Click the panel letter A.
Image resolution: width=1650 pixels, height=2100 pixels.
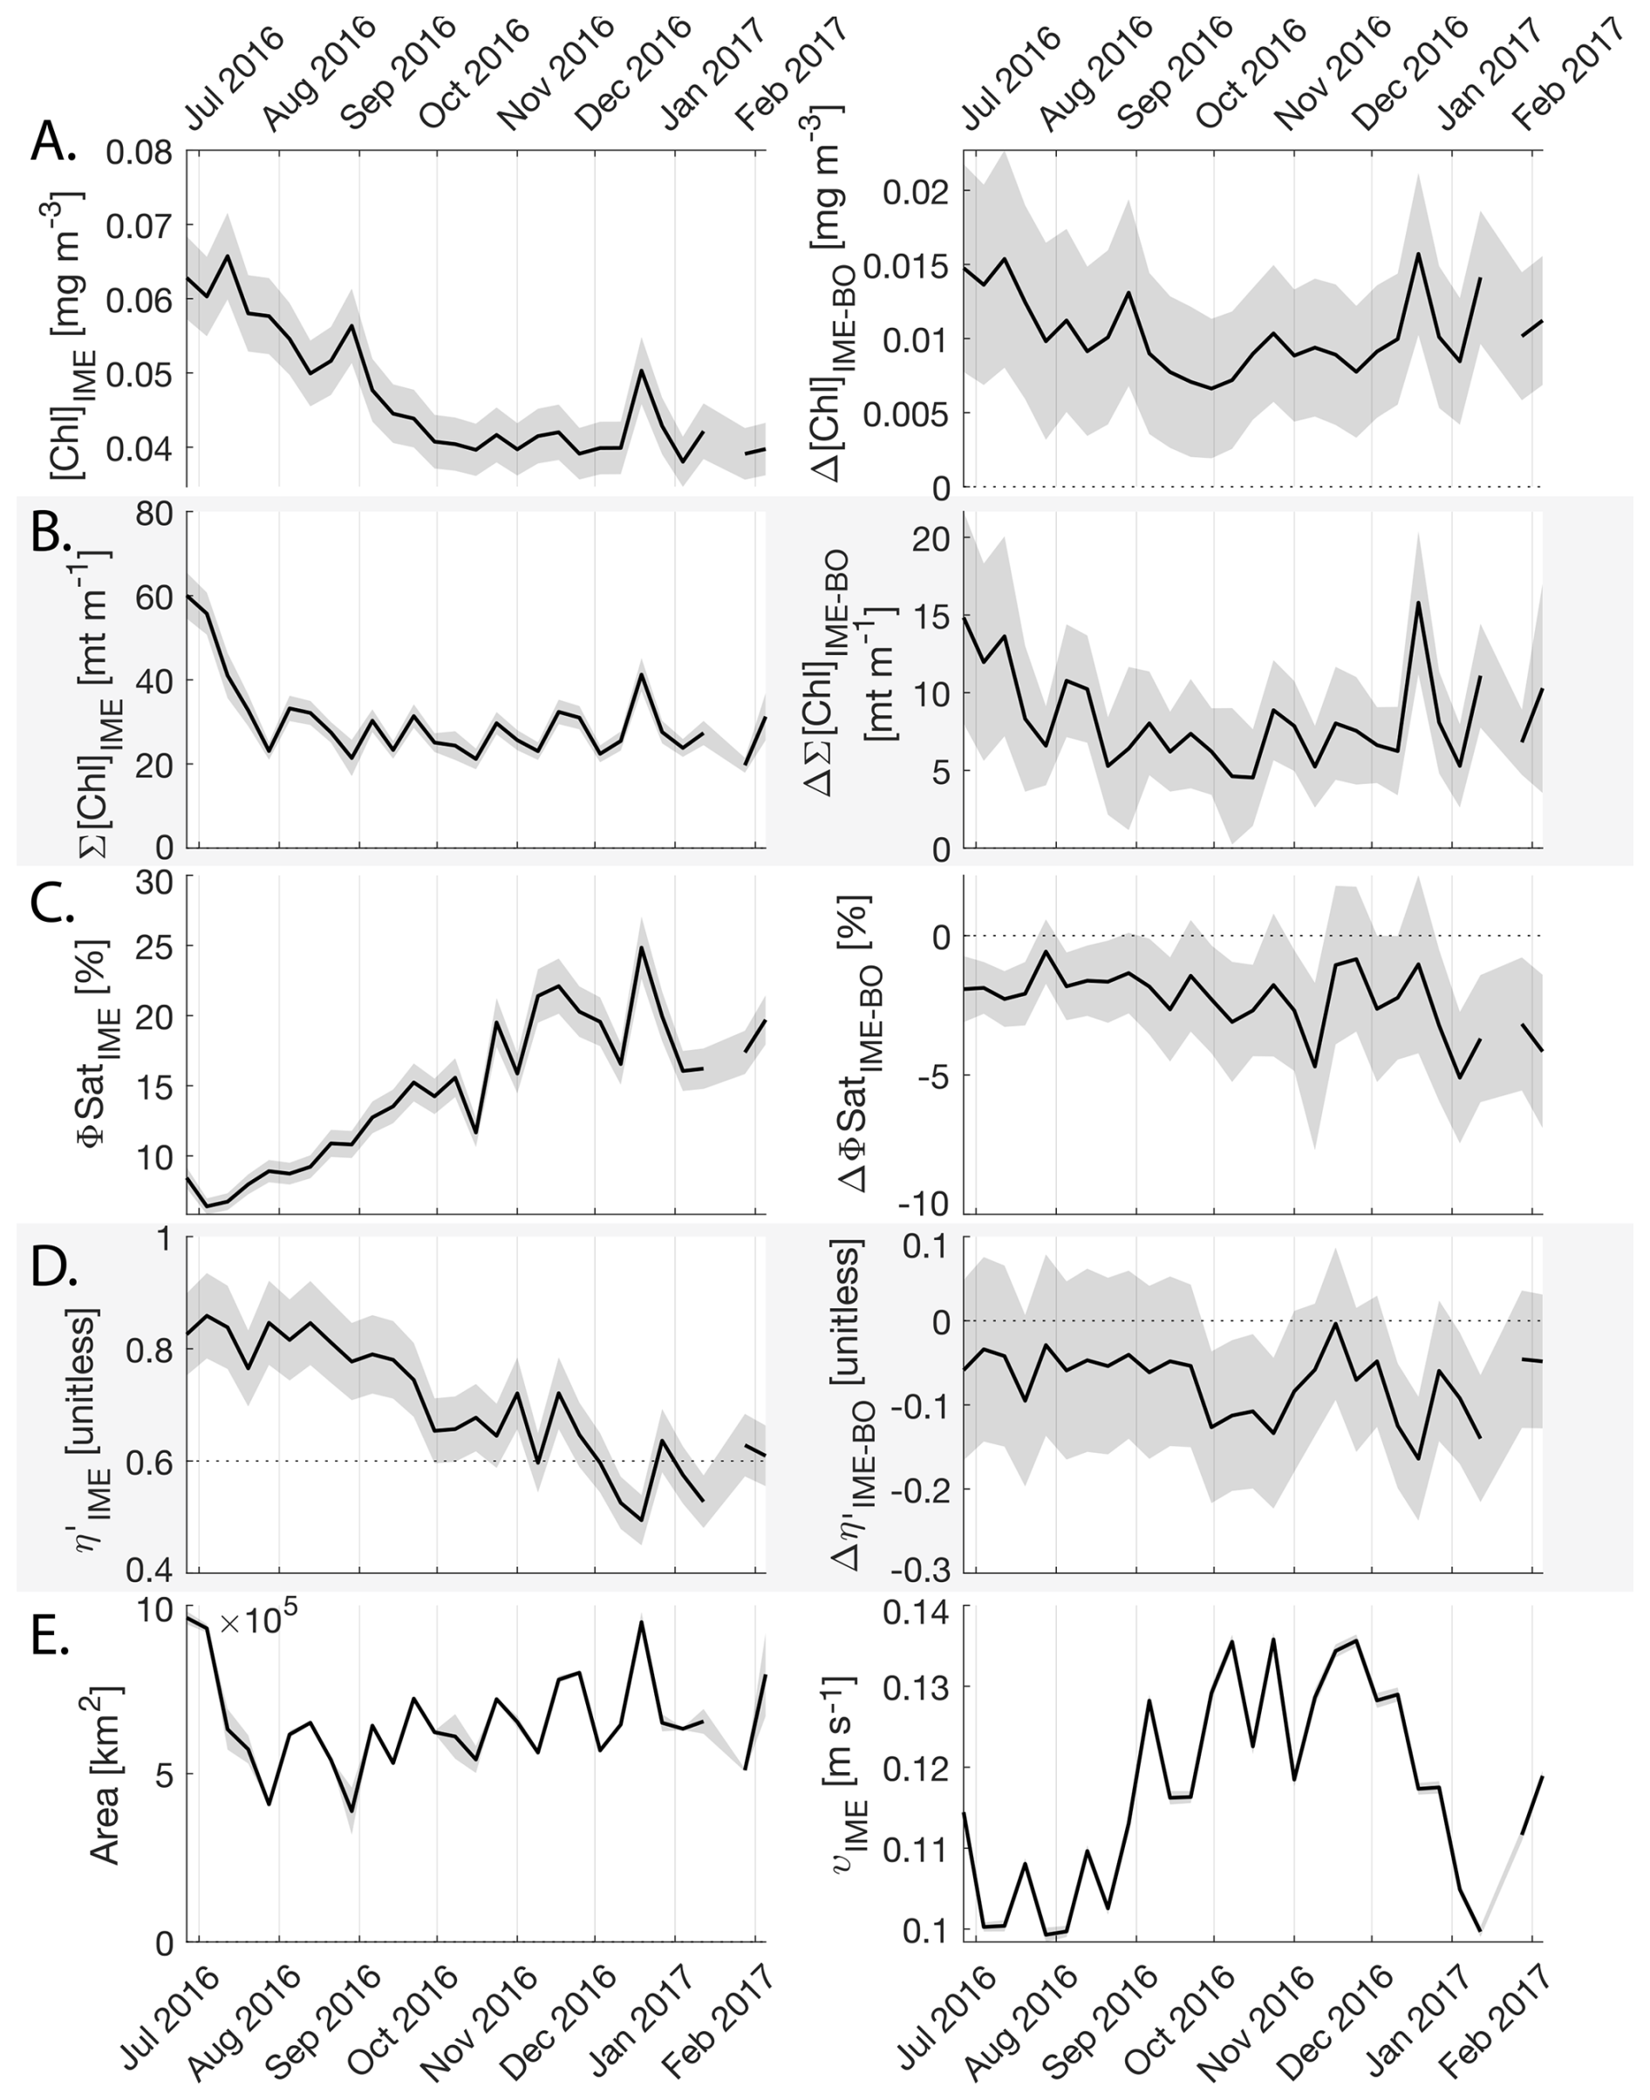pos(52,145)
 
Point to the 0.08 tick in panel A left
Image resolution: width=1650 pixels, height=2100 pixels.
pos(140,152)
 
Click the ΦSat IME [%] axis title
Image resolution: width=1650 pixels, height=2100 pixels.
pos(97,1043)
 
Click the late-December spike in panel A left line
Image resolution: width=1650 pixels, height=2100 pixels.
pos(642,371)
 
